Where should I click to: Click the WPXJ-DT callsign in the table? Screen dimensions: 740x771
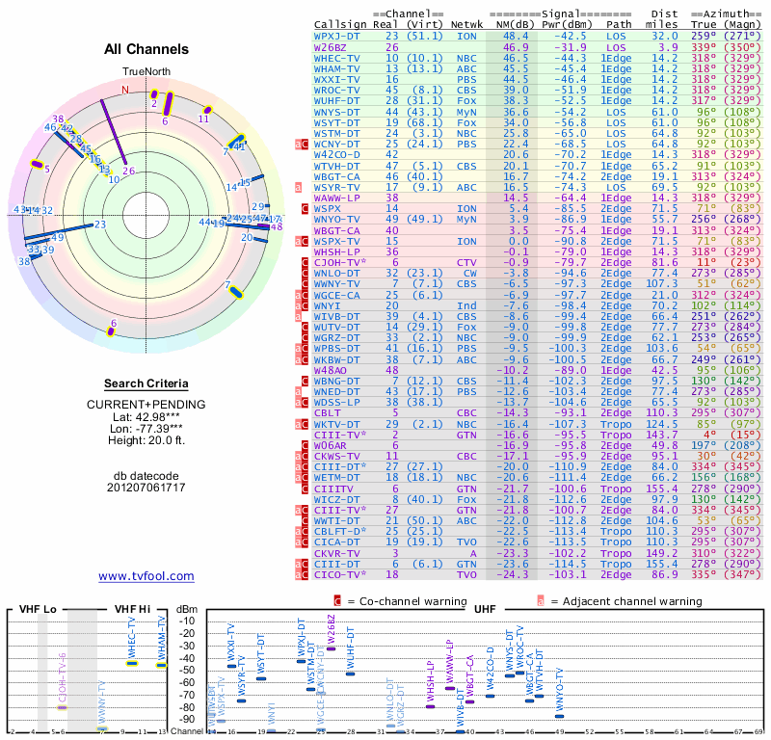335,36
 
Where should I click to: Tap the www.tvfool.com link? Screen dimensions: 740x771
146,576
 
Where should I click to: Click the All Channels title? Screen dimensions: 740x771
146,49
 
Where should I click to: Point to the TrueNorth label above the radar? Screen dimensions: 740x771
146,72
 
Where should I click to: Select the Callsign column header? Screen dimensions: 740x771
339,24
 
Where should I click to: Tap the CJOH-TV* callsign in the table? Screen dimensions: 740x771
339,261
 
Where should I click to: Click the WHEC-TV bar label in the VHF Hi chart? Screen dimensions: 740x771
133,639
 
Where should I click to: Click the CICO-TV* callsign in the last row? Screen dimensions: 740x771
339,573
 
